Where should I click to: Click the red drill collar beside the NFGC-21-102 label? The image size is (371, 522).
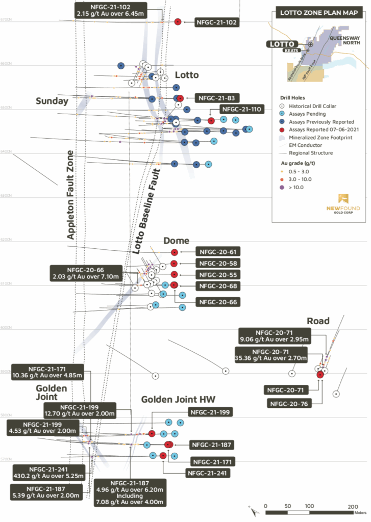(x=178, y=22)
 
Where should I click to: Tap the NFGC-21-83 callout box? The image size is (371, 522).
(x=216, y=98)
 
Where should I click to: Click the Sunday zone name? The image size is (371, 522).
(x=52, y=101)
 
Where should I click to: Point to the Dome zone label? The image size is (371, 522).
(x=176, y=241)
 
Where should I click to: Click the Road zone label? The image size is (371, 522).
(x=318, y=321)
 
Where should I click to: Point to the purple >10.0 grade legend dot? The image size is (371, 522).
(x=283, y=188)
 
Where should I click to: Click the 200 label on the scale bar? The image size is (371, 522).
(x=353, y=506)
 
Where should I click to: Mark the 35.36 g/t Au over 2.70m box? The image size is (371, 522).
(x=270, y=354)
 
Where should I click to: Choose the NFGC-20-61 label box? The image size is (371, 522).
(x=217, y=252)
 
